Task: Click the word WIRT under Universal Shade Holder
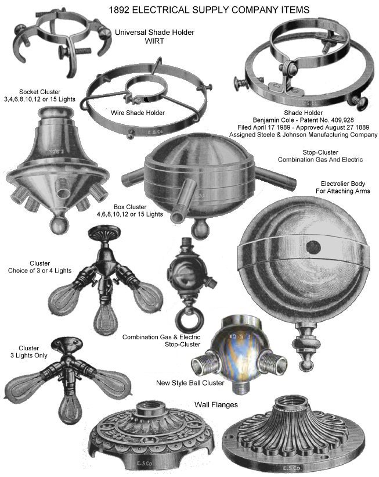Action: coord(154,41)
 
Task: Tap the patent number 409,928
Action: coord(338,120)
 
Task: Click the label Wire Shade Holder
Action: coord(138,113)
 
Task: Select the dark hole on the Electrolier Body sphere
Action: coord(313,248)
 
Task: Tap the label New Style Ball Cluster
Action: coord(190,383)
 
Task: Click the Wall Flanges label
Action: coord(216,405)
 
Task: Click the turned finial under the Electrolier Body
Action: coord(306,347)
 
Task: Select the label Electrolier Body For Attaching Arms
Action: coord(343,188)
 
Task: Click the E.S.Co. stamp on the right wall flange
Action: coord(291,468)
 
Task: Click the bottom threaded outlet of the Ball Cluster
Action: coord(240,388)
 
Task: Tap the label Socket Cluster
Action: coord(39,92)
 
